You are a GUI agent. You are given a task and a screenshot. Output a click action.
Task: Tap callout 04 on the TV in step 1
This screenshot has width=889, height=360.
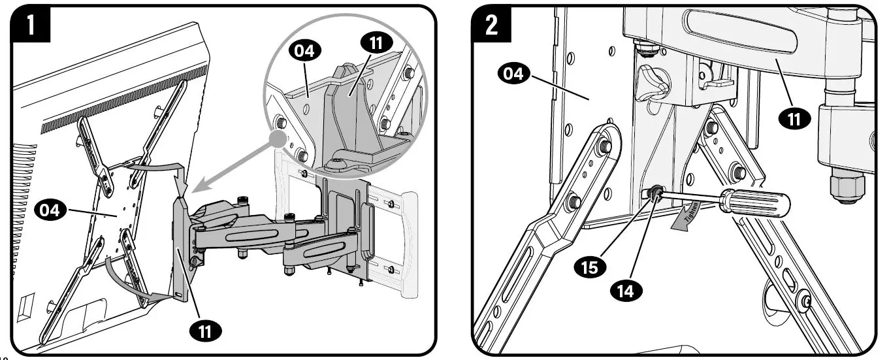click(49, 210)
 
